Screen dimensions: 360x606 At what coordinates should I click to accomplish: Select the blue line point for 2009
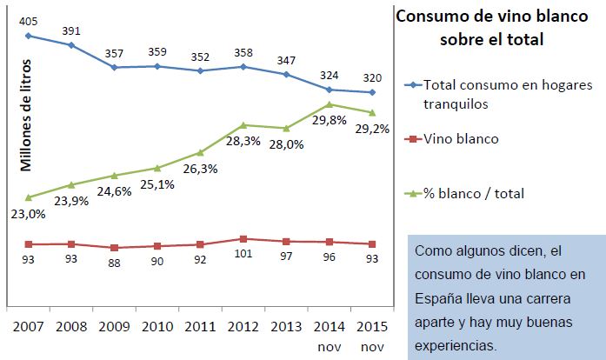pyautogui.click(x=115, y=67)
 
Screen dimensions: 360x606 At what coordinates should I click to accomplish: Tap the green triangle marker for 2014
pyautogui.click(x=330, y=104)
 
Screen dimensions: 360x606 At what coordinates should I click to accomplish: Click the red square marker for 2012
pyautogui.click(x=243, y=238)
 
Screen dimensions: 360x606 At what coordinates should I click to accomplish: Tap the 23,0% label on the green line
pyautogui.click(x=28, y=214)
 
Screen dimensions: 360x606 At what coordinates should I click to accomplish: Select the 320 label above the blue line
pyautogui.click(x=372, y=75)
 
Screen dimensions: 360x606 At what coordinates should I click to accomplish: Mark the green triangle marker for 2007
pyautogui.click(x=29, y=197)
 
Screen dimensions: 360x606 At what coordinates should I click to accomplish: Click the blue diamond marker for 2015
pyautogui.click(x=372, y=92)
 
